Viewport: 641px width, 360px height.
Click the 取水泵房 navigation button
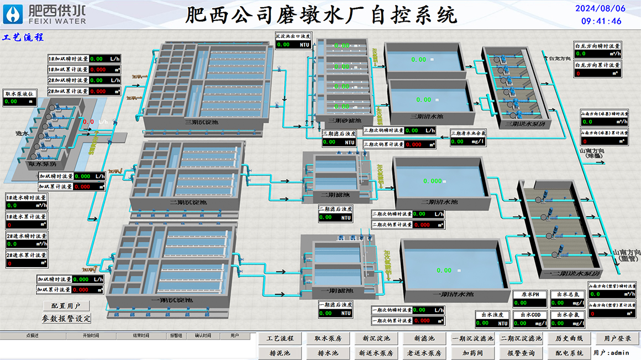(328, 338)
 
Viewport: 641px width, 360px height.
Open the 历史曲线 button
(569, 338)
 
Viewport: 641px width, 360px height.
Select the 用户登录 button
(617, 338)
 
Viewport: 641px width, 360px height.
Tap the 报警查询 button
(521, 353)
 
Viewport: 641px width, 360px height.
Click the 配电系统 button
(569, 353)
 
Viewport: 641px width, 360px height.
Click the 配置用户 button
(66, 306)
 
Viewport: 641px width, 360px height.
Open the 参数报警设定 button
(66, 319)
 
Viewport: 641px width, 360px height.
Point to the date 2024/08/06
(601, 8)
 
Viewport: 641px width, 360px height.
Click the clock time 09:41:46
(601, 21)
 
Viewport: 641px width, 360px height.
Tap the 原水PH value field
(529, 303)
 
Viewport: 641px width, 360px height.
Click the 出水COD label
(529, 315)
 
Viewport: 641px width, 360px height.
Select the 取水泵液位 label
(20, 94)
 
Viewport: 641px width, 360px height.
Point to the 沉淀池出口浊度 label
(293, 36)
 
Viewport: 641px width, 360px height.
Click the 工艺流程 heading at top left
(23, 38)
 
